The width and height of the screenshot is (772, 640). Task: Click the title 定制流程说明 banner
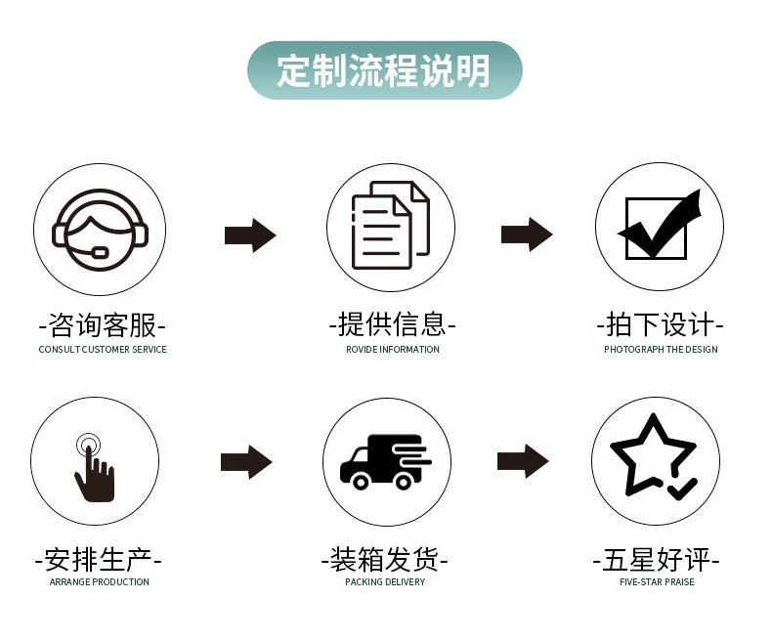[x=384, y=70]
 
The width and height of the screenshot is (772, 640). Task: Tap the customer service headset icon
[x=99, y=229]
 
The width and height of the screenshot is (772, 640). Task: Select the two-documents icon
[x=390, y=229]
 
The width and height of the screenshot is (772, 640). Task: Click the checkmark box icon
[x=660, y=227]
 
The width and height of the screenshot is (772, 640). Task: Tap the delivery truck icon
[x=385, y=461]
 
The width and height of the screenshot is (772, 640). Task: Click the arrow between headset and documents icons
[x=250, y=235]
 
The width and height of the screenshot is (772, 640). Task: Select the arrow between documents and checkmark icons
[x=527, y=235]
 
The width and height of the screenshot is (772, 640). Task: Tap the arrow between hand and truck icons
[x=246, y=462]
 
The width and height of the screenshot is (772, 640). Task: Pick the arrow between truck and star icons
[x=523, y=461]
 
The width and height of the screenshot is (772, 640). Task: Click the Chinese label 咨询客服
[x=102, y=324]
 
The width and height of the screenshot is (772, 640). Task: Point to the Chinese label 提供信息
[x=392, y=324]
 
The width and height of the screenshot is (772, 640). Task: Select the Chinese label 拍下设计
[x=660, y=324]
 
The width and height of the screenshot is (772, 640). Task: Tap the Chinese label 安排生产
[x=99, y=560]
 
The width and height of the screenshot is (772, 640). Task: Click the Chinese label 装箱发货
[x=385, y=560]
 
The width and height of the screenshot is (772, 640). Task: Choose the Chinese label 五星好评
[x=657, y=560]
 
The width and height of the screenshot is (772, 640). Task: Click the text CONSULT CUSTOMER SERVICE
[x=103, y=350]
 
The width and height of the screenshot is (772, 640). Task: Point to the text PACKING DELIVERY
[x=385, y=582]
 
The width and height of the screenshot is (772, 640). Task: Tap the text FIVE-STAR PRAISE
[x=657, y=582]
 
